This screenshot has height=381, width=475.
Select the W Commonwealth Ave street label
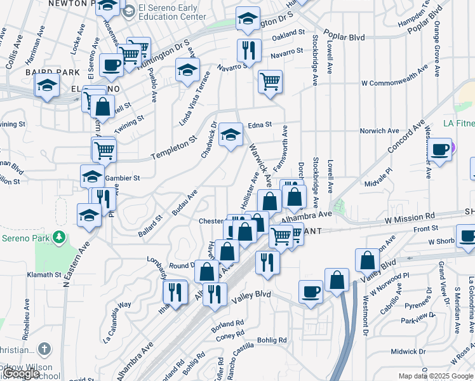[x=391, y=83]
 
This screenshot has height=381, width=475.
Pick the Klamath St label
[x=44, y=276]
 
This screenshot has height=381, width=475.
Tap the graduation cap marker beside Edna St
[x=231, y=135]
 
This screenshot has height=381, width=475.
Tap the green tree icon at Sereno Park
[x=59, y=237]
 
